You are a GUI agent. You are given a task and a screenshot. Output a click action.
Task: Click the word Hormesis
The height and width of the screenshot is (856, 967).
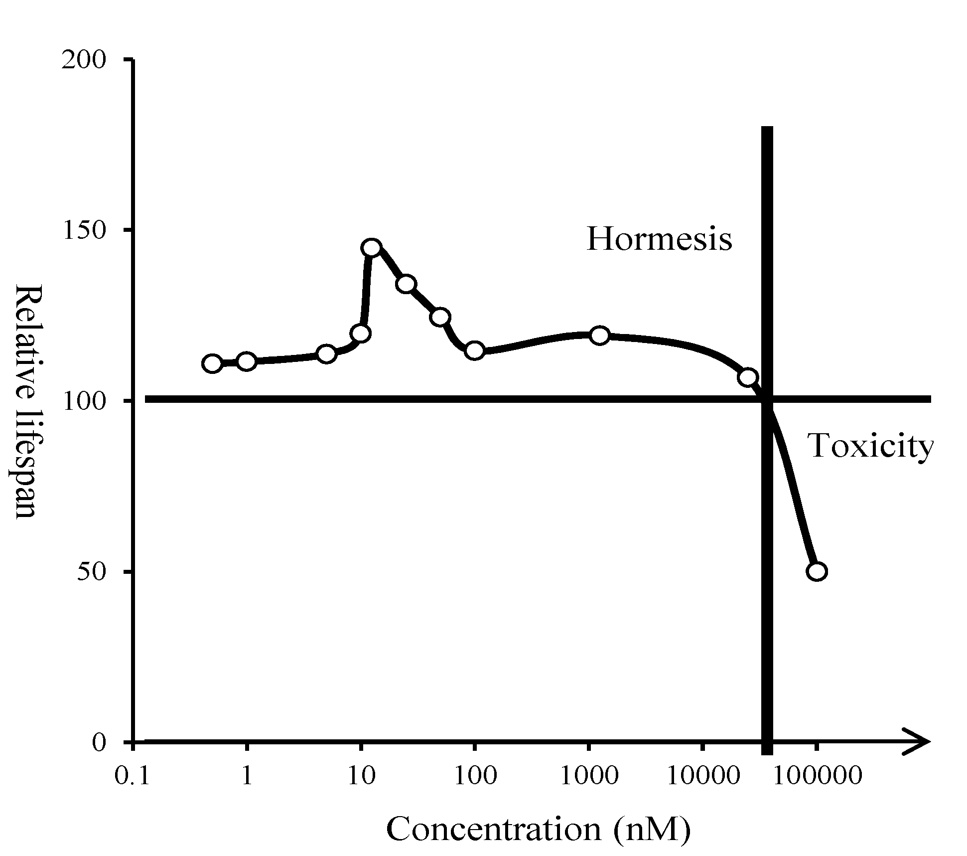click(659, 239)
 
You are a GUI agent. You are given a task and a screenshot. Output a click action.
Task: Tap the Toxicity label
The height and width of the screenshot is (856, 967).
click(870, 445)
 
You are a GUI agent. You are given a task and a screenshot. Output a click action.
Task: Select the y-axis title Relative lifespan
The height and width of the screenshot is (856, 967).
click(25, 401)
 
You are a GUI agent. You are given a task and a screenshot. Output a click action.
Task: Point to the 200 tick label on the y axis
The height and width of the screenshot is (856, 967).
click(84, 60)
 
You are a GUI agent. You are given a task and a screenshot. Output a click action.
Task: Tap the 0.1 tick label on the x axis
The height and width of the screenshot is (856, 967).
click(132, 776)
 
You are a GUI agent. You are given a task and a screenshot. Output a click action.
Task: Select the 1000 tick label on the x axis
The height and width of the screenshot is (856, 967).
click(589, 776)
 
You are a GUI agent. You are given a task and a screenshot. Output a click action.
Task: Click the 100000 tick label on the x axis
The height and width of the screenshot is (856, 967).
click(816, 776)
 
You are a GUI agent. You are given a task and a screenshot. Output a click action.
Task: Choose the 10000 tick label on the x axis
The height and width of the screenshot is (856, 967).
click(702, 776)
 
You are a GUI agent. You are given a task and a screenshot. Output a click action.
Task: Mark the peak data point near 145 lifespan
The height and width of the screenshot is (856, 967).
click(372, 248)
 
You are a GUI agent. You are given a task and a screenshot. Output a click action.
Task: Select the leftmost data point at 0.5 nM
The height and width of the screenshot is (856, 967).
click(212, 364)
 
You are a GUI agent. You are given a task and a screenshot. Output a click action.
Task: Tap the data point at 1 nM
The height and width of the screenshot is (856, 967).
click(247, 361)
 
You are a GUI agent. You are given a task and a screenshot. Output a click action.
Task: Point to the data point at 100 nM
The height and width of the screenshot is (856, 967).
click(475, 350)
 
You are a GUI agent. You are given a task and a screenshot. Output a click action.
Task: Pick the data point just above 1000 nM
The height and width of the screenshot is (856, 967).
click(599, 336)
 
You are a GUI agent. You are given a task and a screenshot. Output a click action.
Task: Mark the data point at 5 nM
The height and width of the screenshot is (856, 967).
click(326, 354)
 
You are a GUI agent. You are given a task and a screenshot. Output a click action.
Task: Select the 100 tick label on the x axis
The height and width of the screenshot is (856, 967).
click(475, 776)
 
